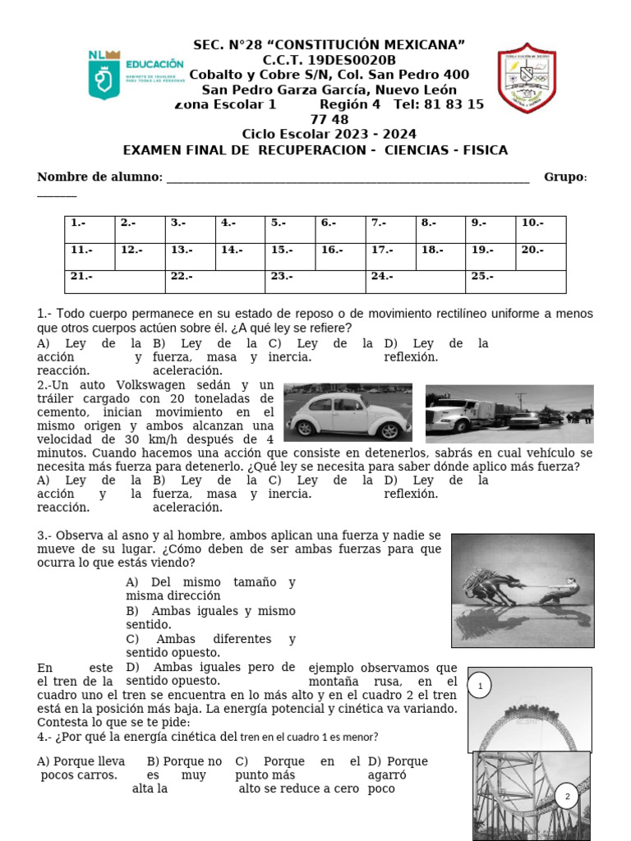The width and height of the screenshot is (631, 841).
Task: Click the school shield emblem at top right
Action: click(527, 79)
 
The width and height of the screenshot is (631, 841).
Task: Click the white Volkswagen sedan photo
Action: click(348, 411)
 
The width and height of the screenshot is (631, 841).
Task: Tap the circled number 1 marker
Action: click(481, 686)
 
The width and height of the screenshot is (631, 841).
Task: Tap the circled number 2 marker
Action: click(566, 796)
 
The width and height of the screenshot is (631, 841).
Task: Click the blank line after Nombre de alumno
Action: click(348, 178)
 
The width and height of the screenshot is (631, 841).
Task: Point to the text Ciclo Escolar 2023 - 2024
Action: click(329, 134)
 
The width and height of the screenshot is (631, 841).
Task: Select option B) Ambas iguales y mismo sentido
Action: click(210, 618)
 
